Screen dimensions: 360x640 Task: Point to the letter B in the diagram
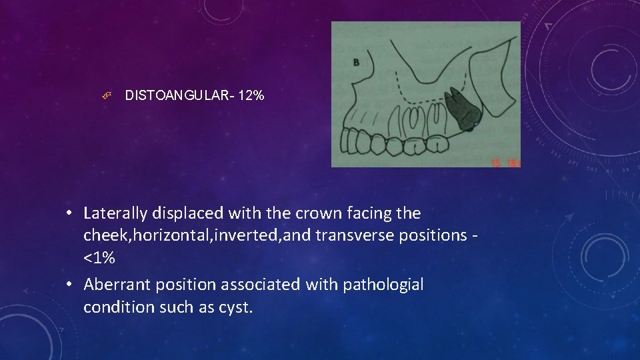click(355, 63)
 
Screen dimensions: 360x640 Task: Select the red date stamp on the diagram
click(505, 163)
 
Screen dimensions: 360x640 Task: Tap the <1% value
click(99, 258)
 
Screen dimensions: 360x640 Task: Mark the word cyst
click(237, 307)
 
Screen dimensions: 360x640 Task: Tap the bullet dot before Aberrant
click(69, 285)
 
